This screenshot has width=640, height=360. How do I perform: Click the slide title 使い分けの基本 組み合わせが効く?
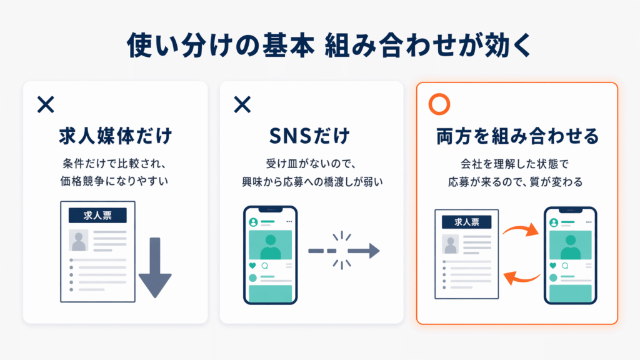(x=320, y=46)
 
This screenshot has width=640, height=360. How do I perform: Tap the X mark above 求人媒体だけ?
(x=46, y=105)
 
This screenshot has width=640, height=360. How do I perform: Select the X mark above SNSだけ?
(x=242, y=105)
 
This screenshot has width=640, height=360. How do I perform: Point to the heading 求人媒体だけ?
(x=115, y=136)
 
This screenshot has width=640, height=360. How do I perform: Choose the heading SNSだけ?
(x=311, y=136)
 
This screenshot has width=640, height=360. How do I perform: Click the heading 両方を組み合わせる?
(x=517, y=136)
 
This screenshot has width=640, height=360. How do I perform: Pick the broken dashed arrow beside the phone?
(x=343, y=251)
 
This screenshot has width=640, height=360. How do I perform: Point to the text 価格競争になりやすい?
(x=115, y=182)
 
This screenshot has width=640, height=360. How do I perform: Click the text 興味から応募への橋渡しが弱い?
(x=311, y=182)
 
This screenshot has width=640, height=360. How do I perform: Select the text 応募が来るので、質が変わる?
(x=517, y=182)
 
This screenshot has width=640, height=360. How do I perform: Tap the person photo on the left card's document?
(x=79, y=240)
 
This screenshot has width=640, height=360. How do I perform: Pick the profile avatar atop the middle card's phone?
(x=253, y=222)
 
